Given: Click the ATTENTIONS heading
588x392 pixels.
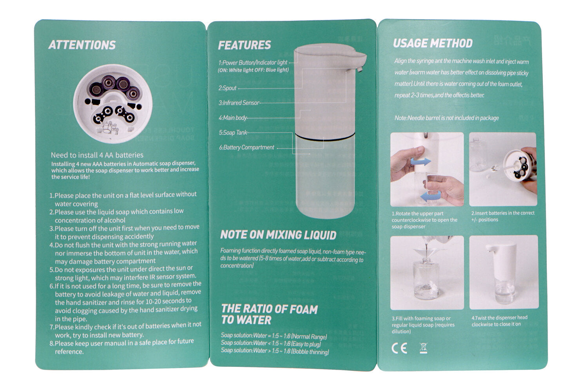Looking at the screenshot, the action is (x=82, y=45).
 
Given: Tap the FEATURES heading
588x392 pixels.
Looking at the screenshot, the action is (x=244, y=45).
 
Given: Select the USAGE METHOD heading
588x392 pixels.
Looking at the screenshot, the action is (x=433, y=44).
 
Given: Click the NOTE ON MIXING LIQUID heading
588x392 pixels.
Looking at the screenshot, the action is (x=278, y=235).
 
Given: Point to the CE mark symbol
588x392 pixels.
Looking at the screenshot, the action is (x=399, y=348).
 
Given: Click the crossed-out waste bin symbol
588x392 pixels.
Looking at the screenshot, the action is (x=423, y=348).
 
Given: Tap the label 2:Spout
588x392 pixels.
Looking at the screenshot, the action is (x=227, y=88).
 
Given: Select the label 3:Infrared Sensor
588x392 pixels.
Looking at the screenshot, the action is (x=239, y=103).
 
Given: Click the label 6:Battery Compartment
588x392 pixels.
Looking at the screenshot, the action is (x=247, y=147).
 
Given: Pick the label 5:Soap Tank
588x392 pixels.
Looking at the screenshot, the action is (x=233, y=132).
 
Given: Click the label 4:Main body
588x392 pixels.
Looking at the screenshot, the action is (x=233, y=118).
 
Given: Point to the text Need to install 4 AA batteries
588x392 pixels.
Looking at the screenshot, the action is (x=97, y=155).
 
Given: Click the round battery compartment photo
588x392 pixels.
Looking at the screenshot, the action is (x=113, y=104).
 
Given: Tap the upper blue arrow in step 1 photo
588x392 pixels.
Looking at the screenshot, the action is (x=421, y=161).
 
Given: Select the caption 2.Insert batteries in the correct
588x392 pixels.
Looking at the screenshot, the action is (x=503, y=213).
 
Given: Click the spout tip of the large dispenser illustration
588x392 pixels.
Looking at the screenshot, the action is (x=359, y=69).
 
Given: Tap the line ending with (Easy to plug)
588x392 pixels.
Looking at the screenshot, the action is (x=271, y=343).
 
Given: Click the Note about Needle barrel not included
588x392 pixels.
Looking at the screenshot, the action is (x=446, y=118).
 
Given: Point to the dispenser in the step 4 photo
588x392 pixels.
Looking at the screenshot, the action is (x=502, y=273).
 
